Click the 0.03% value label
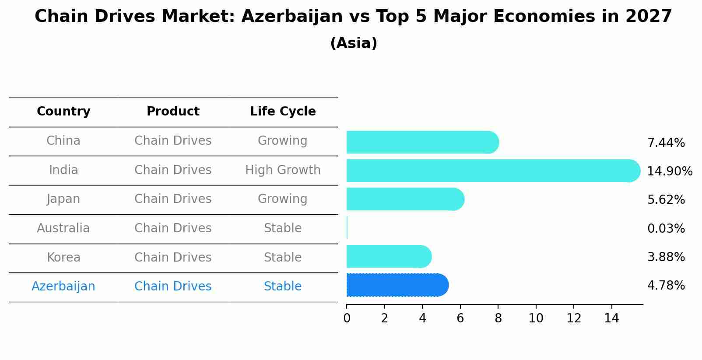(666, 228)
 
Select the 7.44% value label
(666, 143)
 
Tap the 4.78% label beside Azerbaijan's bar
(666, 286)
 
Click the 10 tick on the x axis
(536, 318)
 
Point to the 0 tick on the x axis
(347, 318)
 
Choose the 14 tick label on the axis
(611, 318)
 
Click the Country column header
(63, 112)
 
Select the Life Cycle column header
(283, 112)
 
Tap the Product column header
(173, 112)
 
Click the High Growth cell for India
(283, 170)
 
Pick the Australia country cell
(63, 228)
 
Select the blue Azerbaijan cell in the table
(63, 287)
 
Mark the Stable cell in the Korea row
(283, 257)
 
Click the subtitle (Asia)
(353, 43)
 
